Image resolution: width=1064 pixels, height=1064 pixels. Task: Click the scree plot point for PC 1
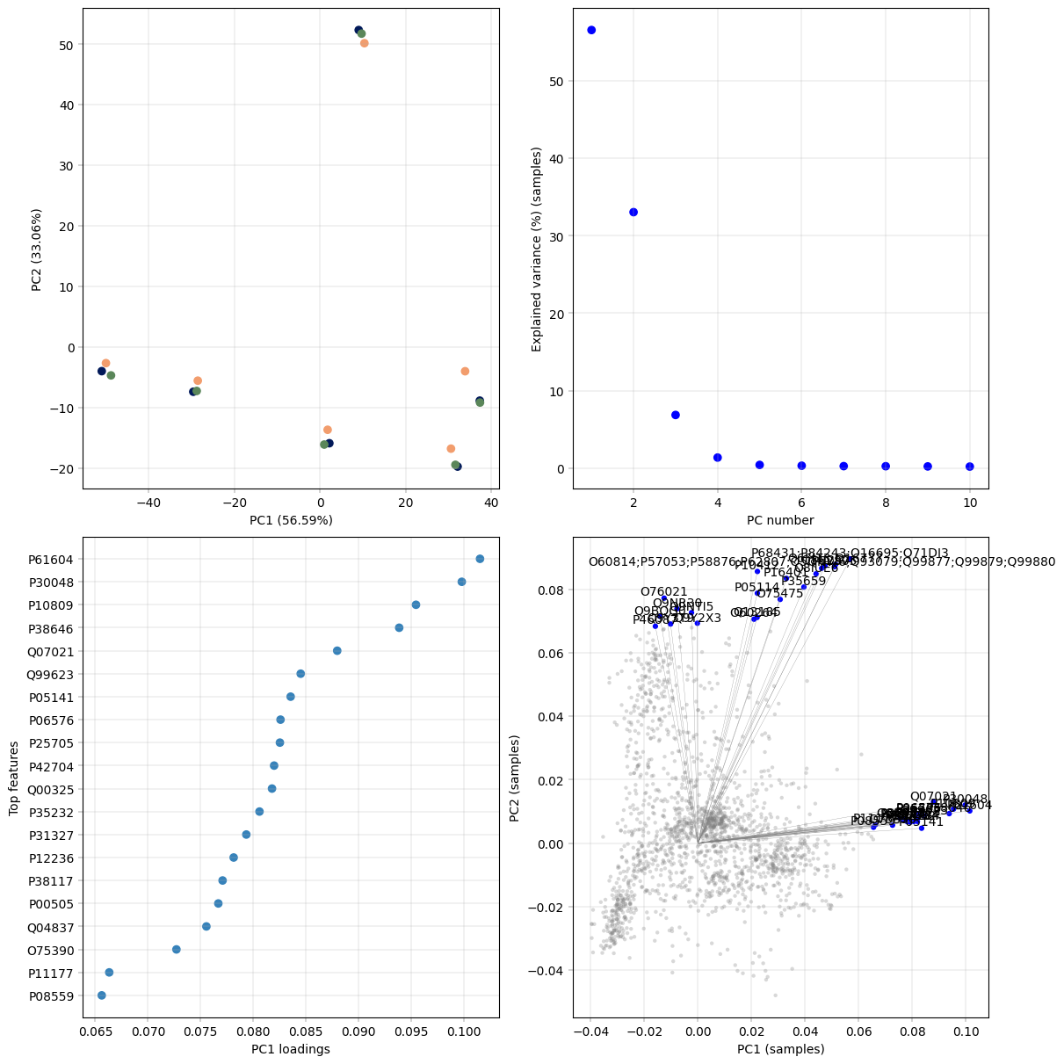click(x=591, y=30)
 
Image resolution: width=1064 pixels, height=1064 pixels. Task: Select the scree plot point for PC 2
click(x=633, y=212)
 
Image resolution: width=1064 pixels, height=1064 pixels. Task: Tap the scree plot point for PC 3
click(x=676, y=415)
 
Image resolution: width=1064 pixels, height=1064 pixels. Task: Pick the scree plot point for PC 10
click(x=970, y=467)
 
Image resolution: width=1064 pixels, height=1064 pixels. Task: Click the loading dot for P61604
click(x=480, y=559)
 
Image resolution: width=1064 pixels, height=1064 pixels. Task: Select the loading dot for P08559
click(x=101, y=995)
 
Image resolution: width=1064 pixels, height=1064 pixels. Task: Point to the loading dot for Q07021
click(x=337, y=651)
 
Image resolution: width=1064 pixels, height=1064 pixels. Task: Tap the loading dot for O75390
click(x=177, y=950)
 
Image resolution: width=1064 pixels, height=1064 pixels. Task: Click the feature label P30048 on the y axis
click(x=51, y=583)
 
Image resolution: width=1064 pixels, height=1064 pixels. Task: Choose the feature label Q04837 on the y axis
click(x=51, y=927)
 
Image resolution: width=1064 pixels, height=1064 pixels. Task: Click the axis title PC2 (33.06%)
click(x=37, y=250)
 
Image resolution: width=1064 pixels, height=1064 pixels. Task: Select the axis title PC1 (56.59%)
click(x=291, y=520)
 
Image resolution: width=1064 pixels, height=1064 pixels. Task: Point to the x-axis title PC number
click(x=780, y=520)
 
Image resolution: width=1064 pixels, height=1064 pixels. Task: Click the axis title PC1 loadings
click(x=291, y=1049)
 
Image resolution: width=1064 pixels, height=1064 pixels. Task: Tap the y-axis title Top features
click(x=13, y=778)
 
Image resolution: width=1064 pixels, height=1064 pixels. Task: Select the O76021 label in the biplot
click(x=664, y=592)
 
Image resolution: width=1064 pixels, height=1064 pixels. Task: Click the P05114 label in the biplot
click(x=756, y=587)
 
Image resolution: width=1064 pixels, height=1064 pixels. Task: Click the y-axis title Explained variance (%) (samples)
click(x=537, y=250)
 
